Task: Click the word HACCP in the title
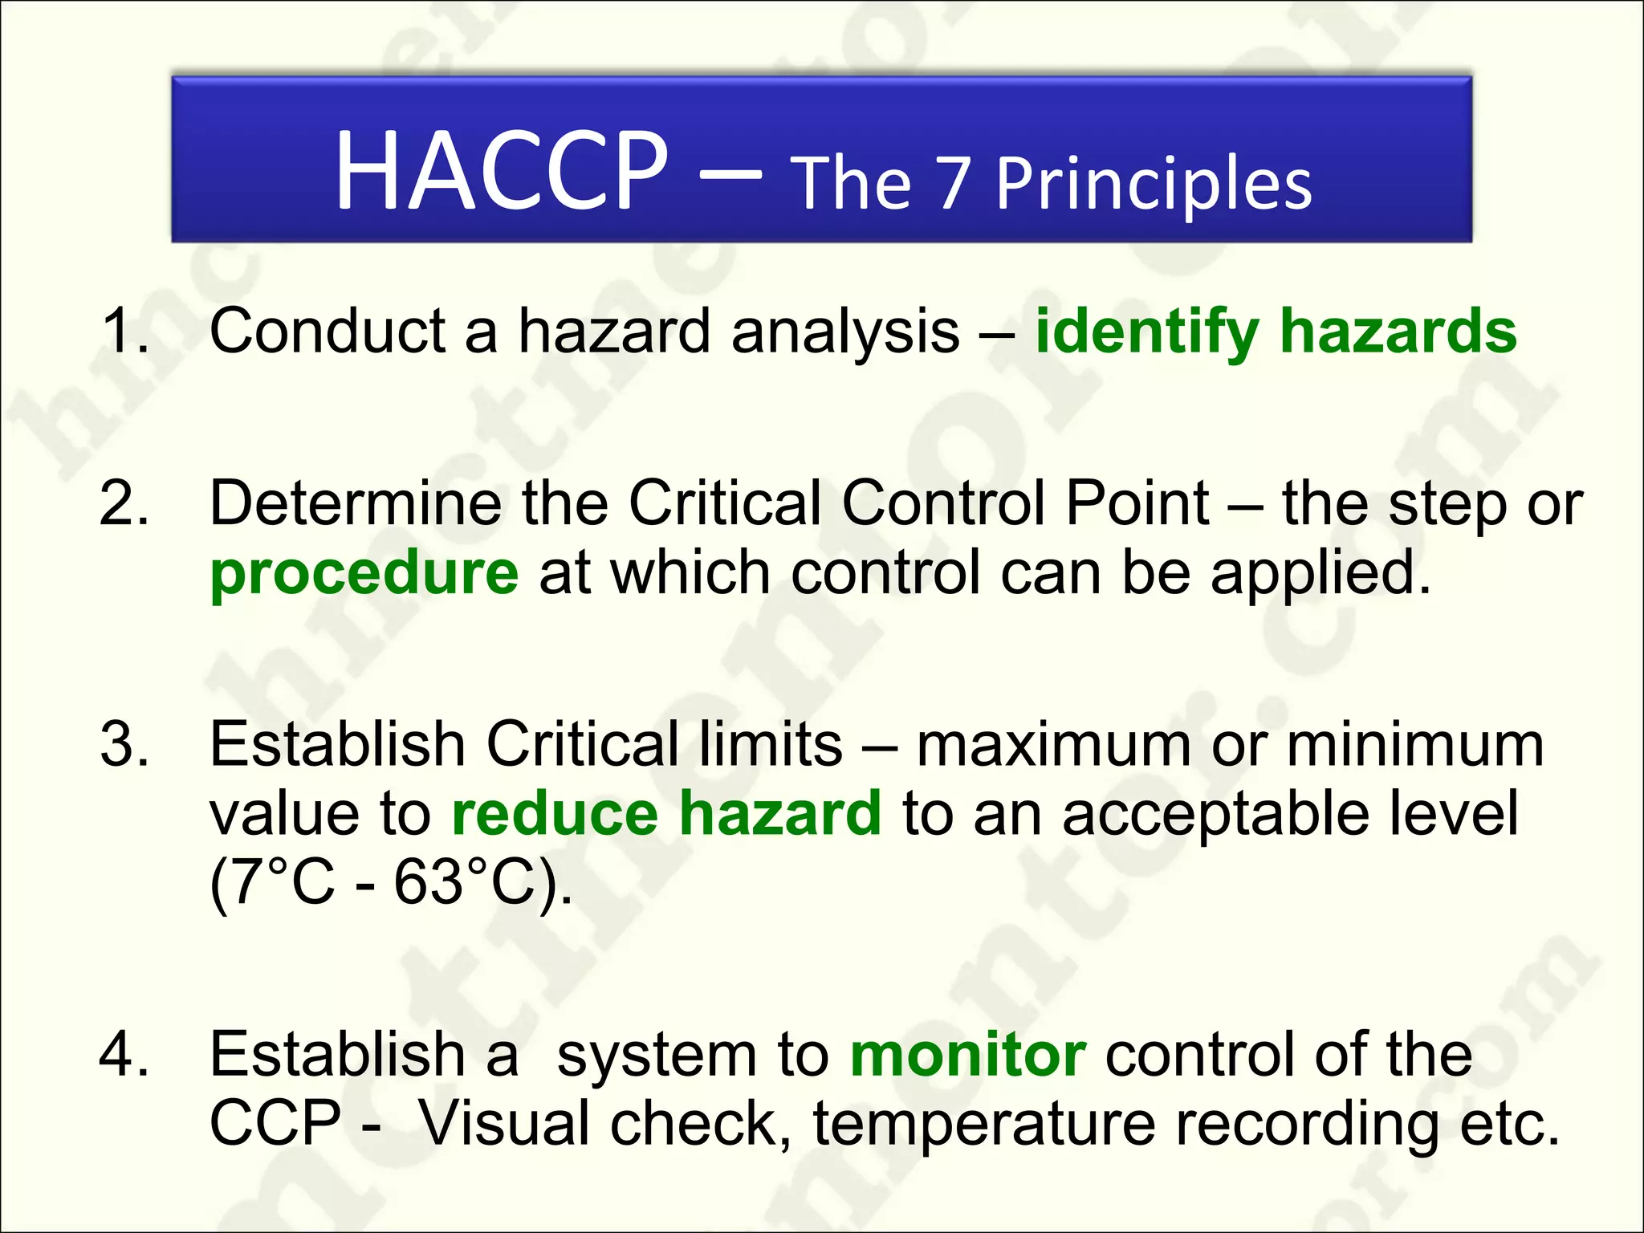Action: (x=501, y=171)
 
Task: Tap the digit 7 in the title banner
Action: (x=953, y=185)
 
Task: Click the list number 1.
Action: (x=124, y=331)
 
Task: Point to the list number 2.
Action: (x=124, y=503)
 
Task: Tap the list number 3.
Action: (x=124, y=744)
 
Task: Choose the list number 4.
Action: (x=124, y=1054)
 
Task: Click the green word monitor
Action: (x=968, y=1054)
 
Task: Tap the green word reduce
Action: (x=555, y=814)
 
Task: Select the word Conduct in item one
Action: (x=327, y=331)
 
